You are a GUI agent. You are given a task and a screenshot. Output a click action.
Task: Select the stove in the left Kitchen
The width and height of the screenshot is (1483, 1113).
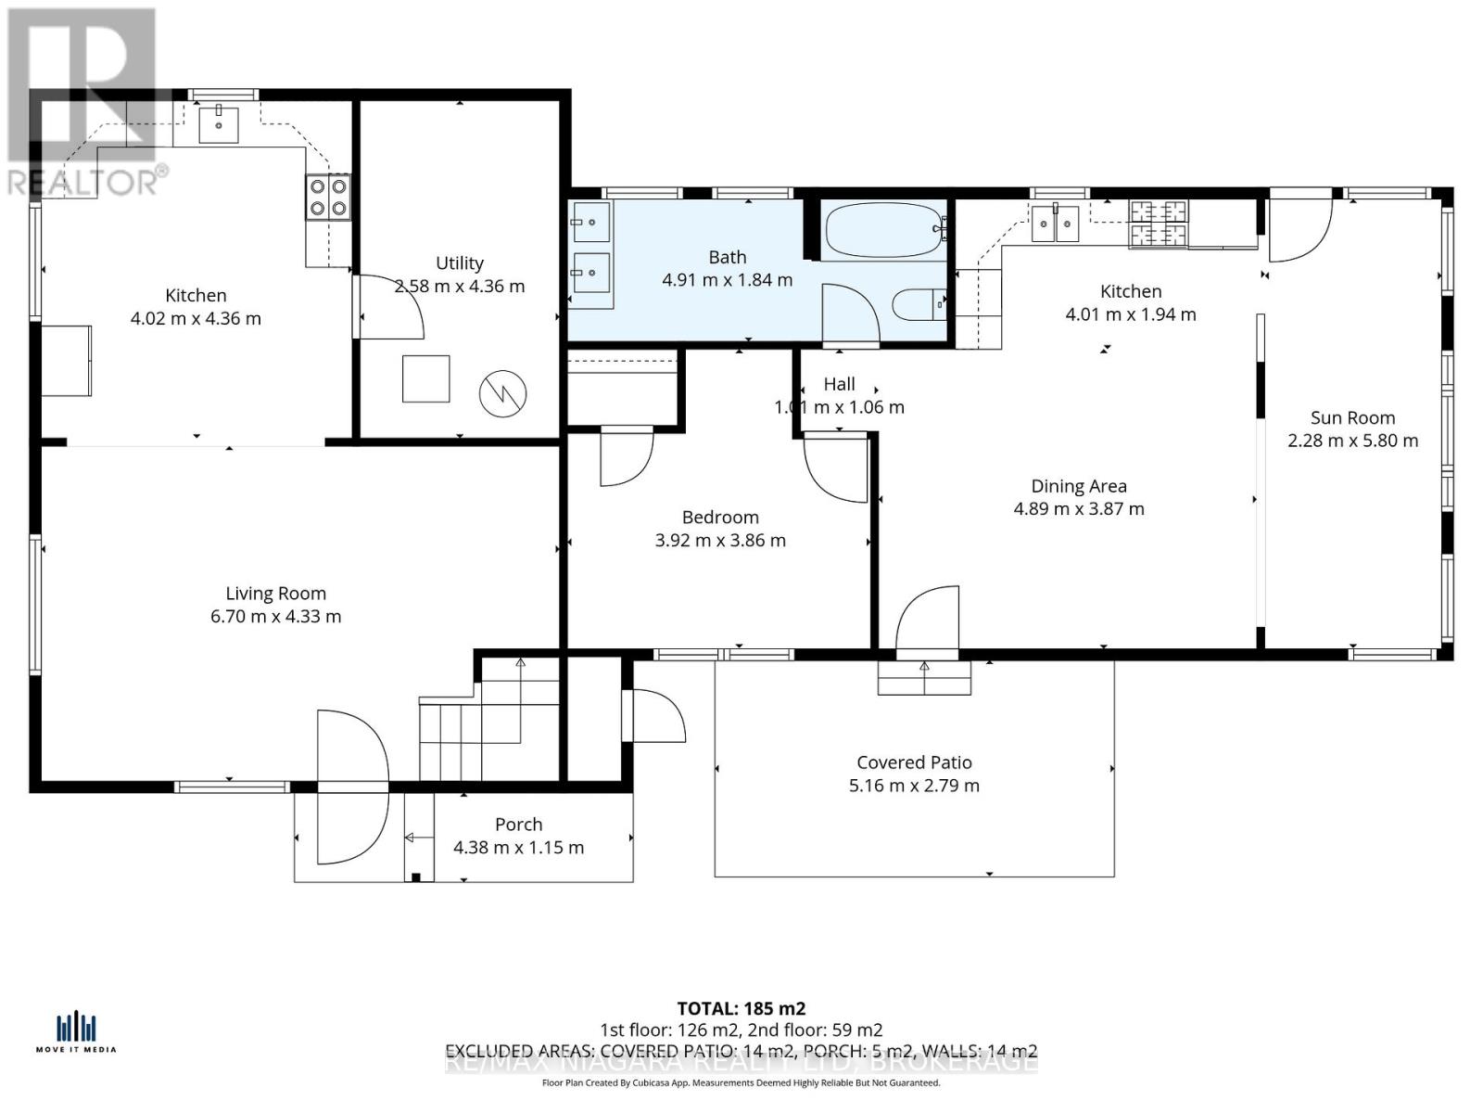click(x=328, y=197)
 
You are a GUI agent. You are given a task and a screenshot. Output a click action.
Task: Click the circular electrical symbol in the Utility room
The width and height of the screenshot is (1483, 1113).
click(x=502, y=393)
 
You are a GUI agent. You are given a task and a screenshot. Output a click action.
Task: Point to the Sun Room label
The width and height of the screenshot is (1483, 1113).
click(x=1352, y=417)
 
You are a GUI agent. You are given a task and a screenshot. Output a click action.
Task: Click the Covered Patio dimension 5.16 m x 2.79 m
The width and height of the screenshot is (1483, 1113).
click(x=914, y=786)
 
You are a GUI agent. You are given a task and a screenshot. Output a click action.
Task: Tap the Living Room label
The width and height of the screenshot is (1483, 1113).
click(x=275, y=594)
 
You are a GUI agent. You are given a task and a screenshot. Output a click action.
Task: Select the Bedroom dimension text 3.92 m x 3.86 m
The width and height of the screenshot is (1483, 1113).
click(x=720, y=541)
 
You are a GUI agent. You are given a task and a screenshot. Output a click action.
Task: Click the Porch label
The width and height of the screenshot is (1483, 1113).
click(x=518, y=825)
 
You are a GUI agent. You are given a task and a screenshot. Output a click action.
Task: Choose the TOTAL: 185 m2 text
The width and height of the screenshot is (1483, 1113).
click(x=741, y=1008)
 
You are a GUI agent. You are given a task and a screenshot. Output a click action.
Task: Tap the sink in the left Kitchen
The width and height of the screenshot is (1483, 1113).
click(x=219, y=124)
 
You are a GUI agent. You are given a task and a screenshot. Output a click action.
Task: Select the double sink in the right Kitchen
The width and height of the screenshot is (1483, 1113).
click(x=1056, y=224)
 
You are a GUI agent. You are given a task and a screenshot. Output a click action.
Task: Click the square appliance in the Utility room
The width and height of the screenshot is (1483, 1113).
click(x=425, y=378)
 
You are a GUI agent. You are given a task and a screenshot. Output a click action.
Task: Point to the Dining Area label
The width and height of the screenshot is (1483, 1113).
click(x=1079, y=486)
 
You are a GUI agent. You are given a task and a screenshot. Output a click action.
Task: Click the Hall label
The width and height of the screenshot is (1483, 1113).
click(x=839, y=384)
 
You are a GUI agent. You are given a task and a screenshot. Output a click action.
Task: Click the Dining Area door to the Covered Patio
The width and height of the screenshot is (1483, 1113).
click(x=928, y=622)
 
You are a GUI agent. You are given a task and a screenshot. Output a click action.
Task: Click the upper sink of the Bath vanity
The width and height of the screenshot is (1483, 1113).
click(x=590, y=223)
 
